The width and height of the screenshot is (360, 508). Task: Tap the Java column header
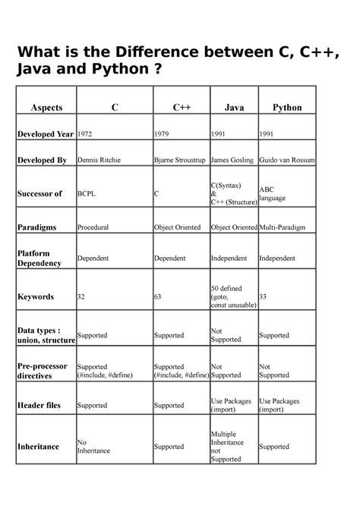pyautogui.click(x=234, y=108)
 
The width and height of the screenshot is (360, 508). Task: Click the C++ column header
pyautogui.click(x=181, y=108)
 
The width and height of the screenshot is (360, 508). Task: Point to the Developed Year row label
pyautogui.click(x=46, y=134)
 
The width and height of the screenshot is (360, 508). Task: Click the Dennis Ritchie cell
pyautogui.click(x=99, y=161)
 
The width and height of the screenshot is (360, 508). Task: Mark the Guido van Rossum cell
pyautogui.click(x=287, y=161)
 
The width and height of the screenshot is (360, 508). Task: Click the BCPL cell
pyautogui.click(x=87, y=194)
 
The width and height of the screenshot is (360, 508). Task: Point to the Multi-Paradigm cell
pyautogui.click(x=286, y=227)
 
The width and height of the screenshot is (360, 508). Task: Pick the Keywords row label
pyautogui.click(x=36, y=296)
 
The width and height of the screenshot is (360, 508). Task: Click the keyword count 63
pyautogui.click(x=158, y=296)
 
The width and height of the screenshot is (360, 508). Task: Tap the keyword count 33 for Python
pyautogui.click(x=264, y=296)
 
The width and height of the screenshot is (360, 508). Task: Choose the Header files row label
pyautogui.click(x=39, y=406)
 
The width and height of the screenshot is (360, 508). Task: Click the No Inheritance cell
pyautogui.click(x=93, y=447)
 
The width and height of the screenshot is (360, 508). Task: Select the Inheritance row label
pyautogui.click(x=38, y=447)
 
